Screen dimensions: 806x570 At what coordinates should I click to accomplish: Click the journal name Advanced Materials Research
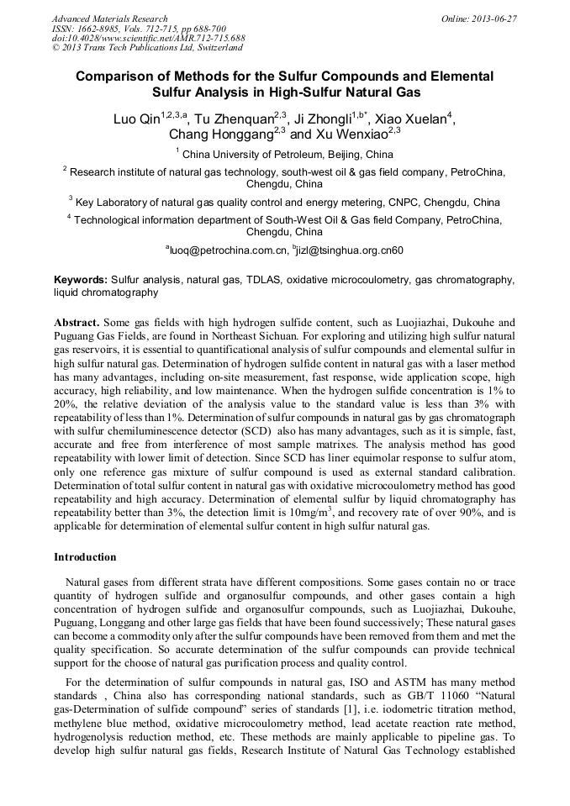click(x=109, y=18)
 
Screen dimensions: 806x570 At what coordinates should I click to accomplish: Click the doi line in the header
click(x=148, y=39)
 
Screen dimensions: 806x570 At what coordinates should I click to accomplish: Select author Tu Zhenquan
click(x=234, y=119)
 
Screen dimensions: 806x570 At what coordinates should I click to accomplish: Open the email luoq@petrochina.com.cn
click(x=227, y=250)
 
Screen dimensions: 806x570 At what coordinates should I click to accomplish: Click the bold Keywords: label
click(x=81, y=278)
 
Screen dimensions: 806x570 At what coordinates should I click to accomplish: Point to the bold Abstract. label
click(x=77, y=322)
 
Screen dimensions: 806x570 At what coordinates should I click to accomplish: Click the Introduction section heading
click(x=85, y=557)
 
